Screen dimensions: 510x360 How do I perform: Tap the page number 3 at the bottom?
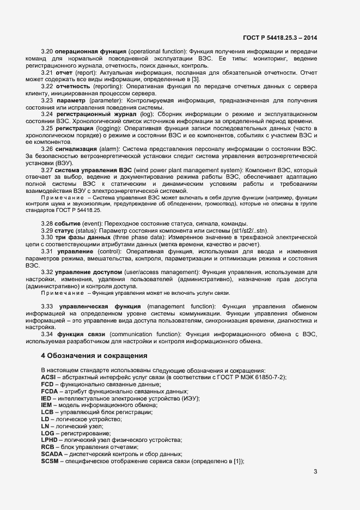click(315, 471)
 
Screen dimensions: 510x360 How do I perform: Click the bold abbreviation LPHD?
click(50, 439)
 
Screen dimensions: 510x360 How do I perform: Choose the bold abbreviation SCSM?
click(51, 462)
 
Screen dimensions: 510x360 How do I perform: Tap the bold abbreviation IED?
click(47, 399)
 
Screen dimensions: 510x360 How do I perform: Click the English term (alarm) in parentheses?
click(109, 148)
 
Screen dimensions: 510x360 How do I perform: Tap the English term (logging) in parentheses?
click(108, 127)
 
